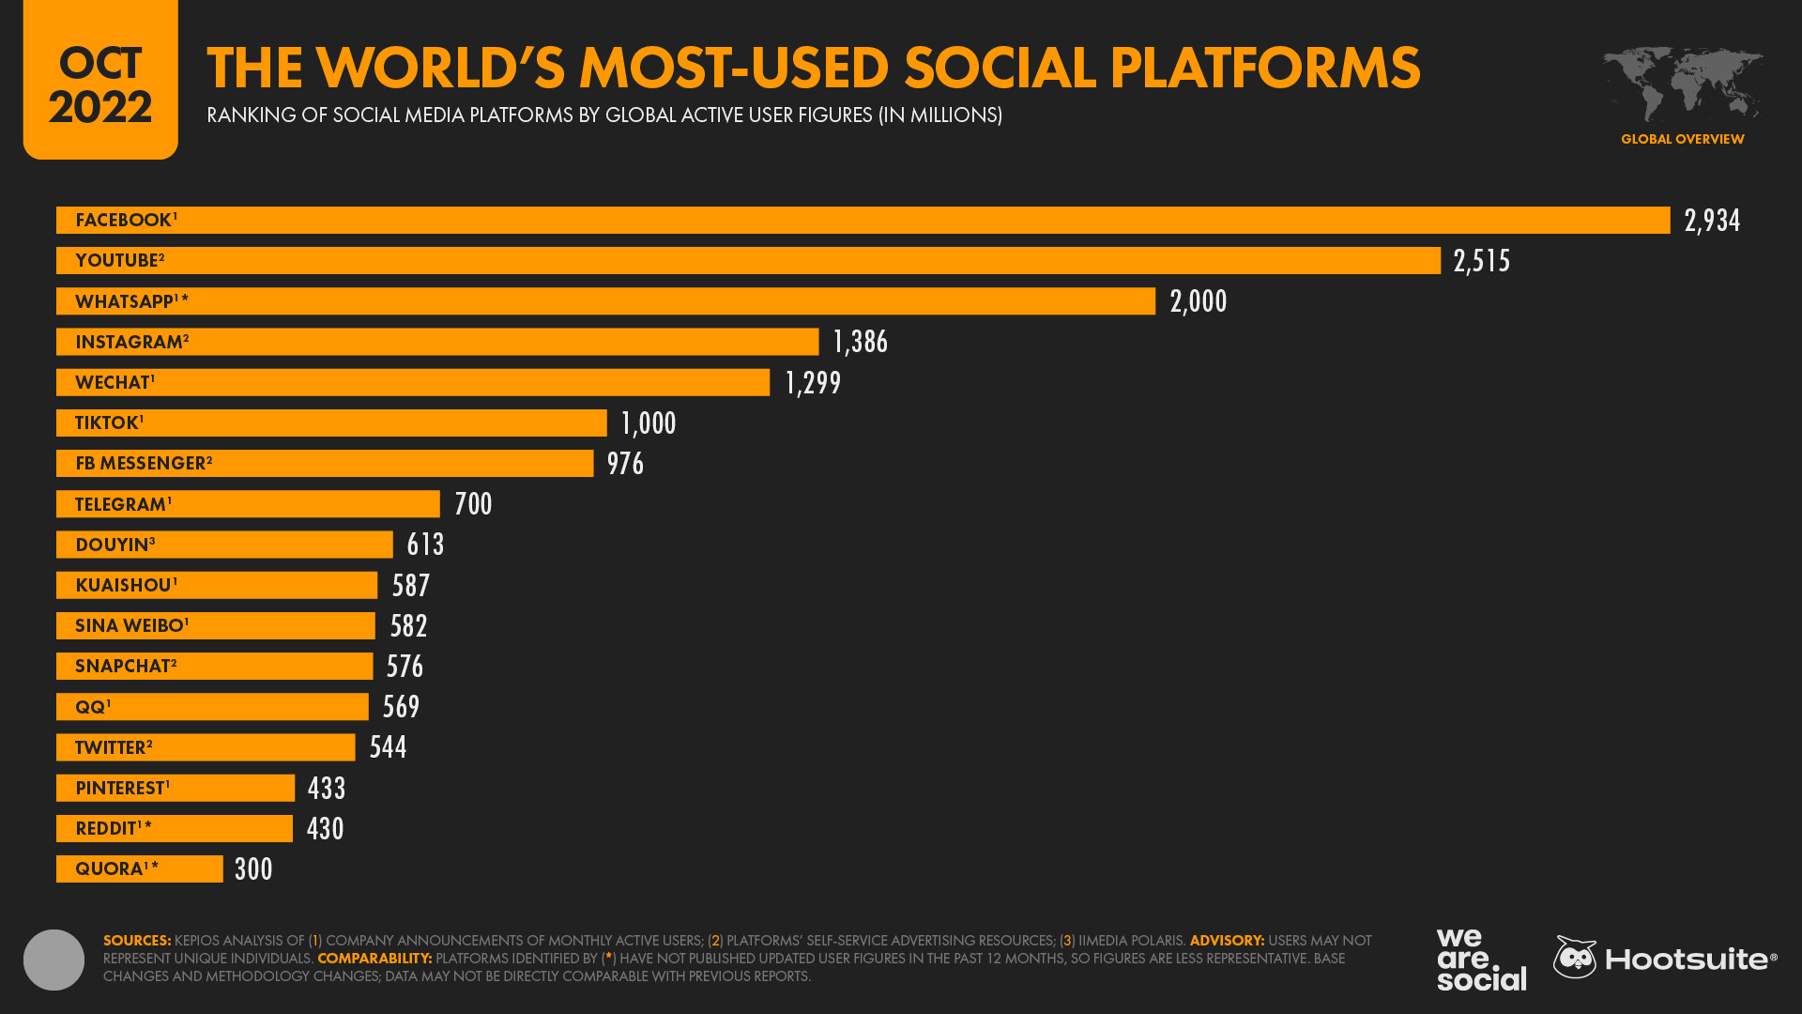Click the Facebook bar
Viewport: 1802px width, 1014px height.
(x=863, y=221)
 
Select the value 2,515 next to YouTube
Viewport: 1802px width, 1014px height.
(x=1481, y=261)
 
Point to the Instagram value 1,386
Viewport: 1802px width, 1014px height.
(x=860, y=342)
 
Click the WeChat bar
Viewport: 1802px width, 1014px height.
(x=413, y=382)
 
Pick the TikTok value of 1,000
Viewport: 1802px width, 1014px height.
(x=649, y=423)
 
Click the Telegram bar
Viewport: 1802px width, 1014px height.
(x=248, y=504)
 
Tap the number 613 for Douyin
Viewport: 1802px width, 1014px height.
(x=425, y=545)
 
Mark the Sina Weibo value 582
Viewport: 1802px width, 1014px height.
(x=408, y=626)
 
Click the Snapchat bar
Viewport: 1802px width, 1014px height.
(x=214, y=667)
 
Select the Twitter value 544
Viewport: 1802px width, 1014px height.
(x=388, y=747)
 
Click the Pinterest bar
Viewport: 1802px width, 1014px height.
(x=176, y=788)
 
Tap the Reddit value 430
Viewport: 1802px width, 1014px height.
(x=325, y=829)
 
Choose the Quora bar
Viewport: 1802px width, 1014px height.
(x=140, y=869)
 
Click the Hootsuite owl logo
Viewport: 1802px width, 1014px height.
(x=1575, y=958)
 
